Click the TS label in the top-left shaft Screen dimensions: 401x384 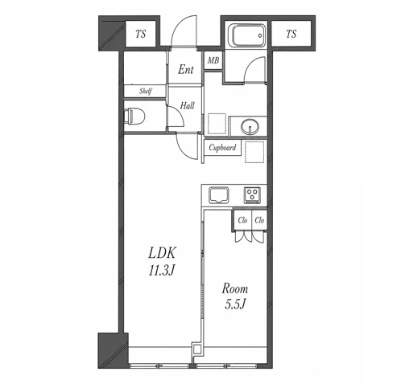click(141, 34)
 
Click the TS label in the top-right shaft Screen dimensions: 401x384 click(291, 34)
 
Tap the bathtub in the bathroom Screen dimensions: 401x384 click(247, 35)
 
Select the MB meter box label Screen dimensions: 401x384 click(213, 60)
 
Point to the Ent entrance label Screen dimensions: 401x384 click(186, 70)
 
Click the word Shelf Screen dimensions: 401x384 click(146, 92)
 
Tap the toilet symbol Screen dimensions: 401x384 click(134, 116)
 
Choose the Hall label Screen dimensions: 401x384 click(187, 106)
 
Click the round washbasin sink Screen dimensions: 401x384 click(250, 126)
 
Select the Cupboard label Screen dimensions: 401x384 click(222, 148)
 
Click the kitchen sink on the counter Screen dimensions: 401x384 click(219, 195)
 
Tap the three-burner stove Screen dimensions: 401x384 click(252, 195)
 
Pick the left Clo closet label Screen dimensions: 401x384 click(242, 220)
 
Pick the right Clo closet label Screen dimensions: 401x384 click(259, 220)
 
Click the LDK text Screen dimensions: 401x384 click(162, 253)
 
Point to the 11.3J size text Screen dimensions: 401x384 click(162, 271)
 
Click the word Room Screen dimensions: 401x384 click(234, 288)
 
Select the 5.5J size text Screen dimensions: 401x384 click(235, 304)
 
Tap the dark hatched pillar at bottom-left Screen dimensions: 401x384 click(113, 350)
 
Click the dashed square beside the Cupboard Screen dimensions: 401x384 click(254, 152)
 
